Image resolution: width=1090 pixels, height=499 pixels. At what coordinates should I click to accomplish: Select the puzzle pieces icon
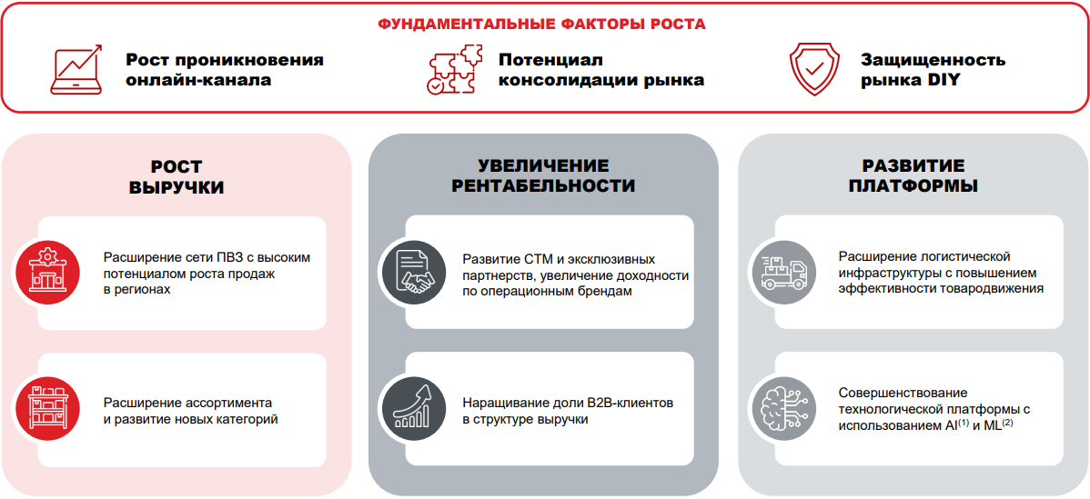(455, 70)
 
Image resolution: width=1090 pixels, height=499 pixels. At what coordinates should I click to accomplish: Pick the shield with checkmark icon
(816, 70)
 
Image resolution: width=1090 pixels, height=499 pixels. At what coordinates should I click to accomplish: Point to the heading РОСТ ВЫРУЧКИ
(177, 176)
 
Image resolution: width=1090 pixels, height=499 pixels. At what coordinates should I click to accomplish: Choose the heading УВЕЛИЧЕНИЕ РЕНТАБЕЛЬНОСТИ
(543, 176)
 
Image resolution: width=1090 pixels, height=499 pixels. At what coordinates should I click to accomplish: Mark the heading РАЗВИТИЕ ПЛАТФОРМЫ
(913, 176)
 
